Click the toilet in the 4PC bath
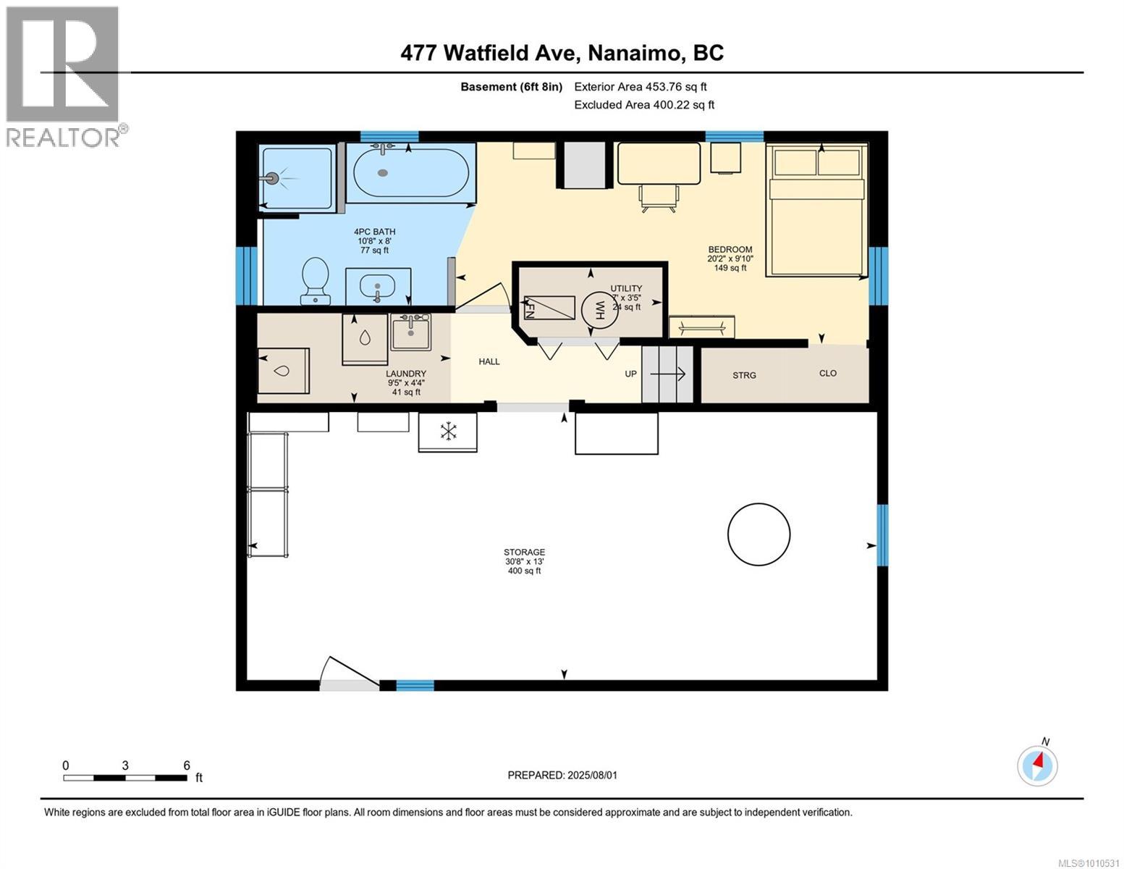coord(316,281)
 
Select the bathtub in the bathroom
coord(410,172)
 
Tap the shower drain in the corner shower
coord(272,177)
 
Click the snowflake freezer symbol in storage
coord(448,432)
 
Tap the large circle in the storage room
coord(759,534)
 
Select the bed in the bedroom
coord(817,210)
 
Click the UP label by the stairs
coord(631,374)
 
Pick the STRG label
coord(744,375)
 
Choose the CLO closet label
coord(827,374)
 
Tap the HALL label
coord(489,361)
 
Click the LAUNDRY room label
coord(405,374)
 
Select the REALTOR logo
coord(64,76)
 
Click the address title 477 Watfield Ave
coord(562,53)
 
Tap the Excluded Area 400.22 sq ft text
coord(643,105)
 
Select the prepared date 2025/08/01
coord(562,775)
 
